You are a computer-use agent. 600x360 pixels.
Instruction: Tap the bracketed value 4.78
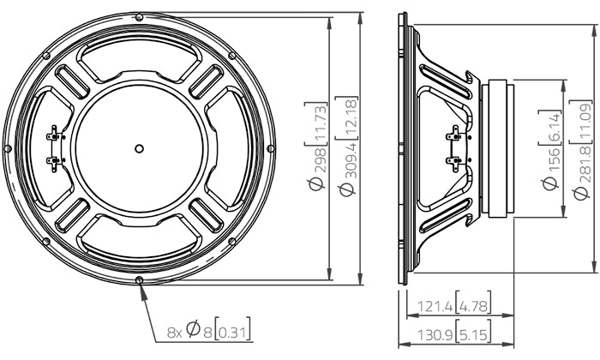[x=465, y=305]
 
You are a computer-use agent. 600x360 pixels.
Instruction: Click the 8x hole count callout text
[x=174, y=331]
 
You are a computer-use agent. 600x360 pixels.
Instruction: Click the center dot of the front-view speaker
[x=140, y=147]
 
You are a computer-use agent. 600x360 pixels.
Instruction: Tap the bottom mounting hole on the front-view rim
[x=140, y=280]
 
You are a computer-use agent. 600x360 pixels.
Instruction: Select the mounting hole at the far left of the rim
[x=8, y=147]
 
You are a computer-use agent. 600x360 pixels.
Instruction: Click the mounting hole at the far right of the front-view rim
[x=272, y=147]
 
